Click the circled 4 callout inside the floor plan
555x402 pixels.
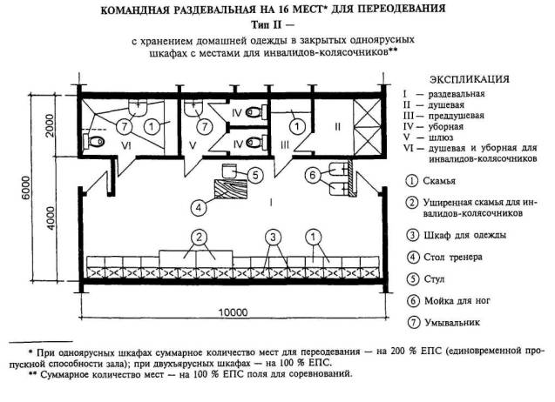(200, 207)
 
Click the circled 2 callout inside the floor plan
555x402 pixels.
(199, 237)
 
